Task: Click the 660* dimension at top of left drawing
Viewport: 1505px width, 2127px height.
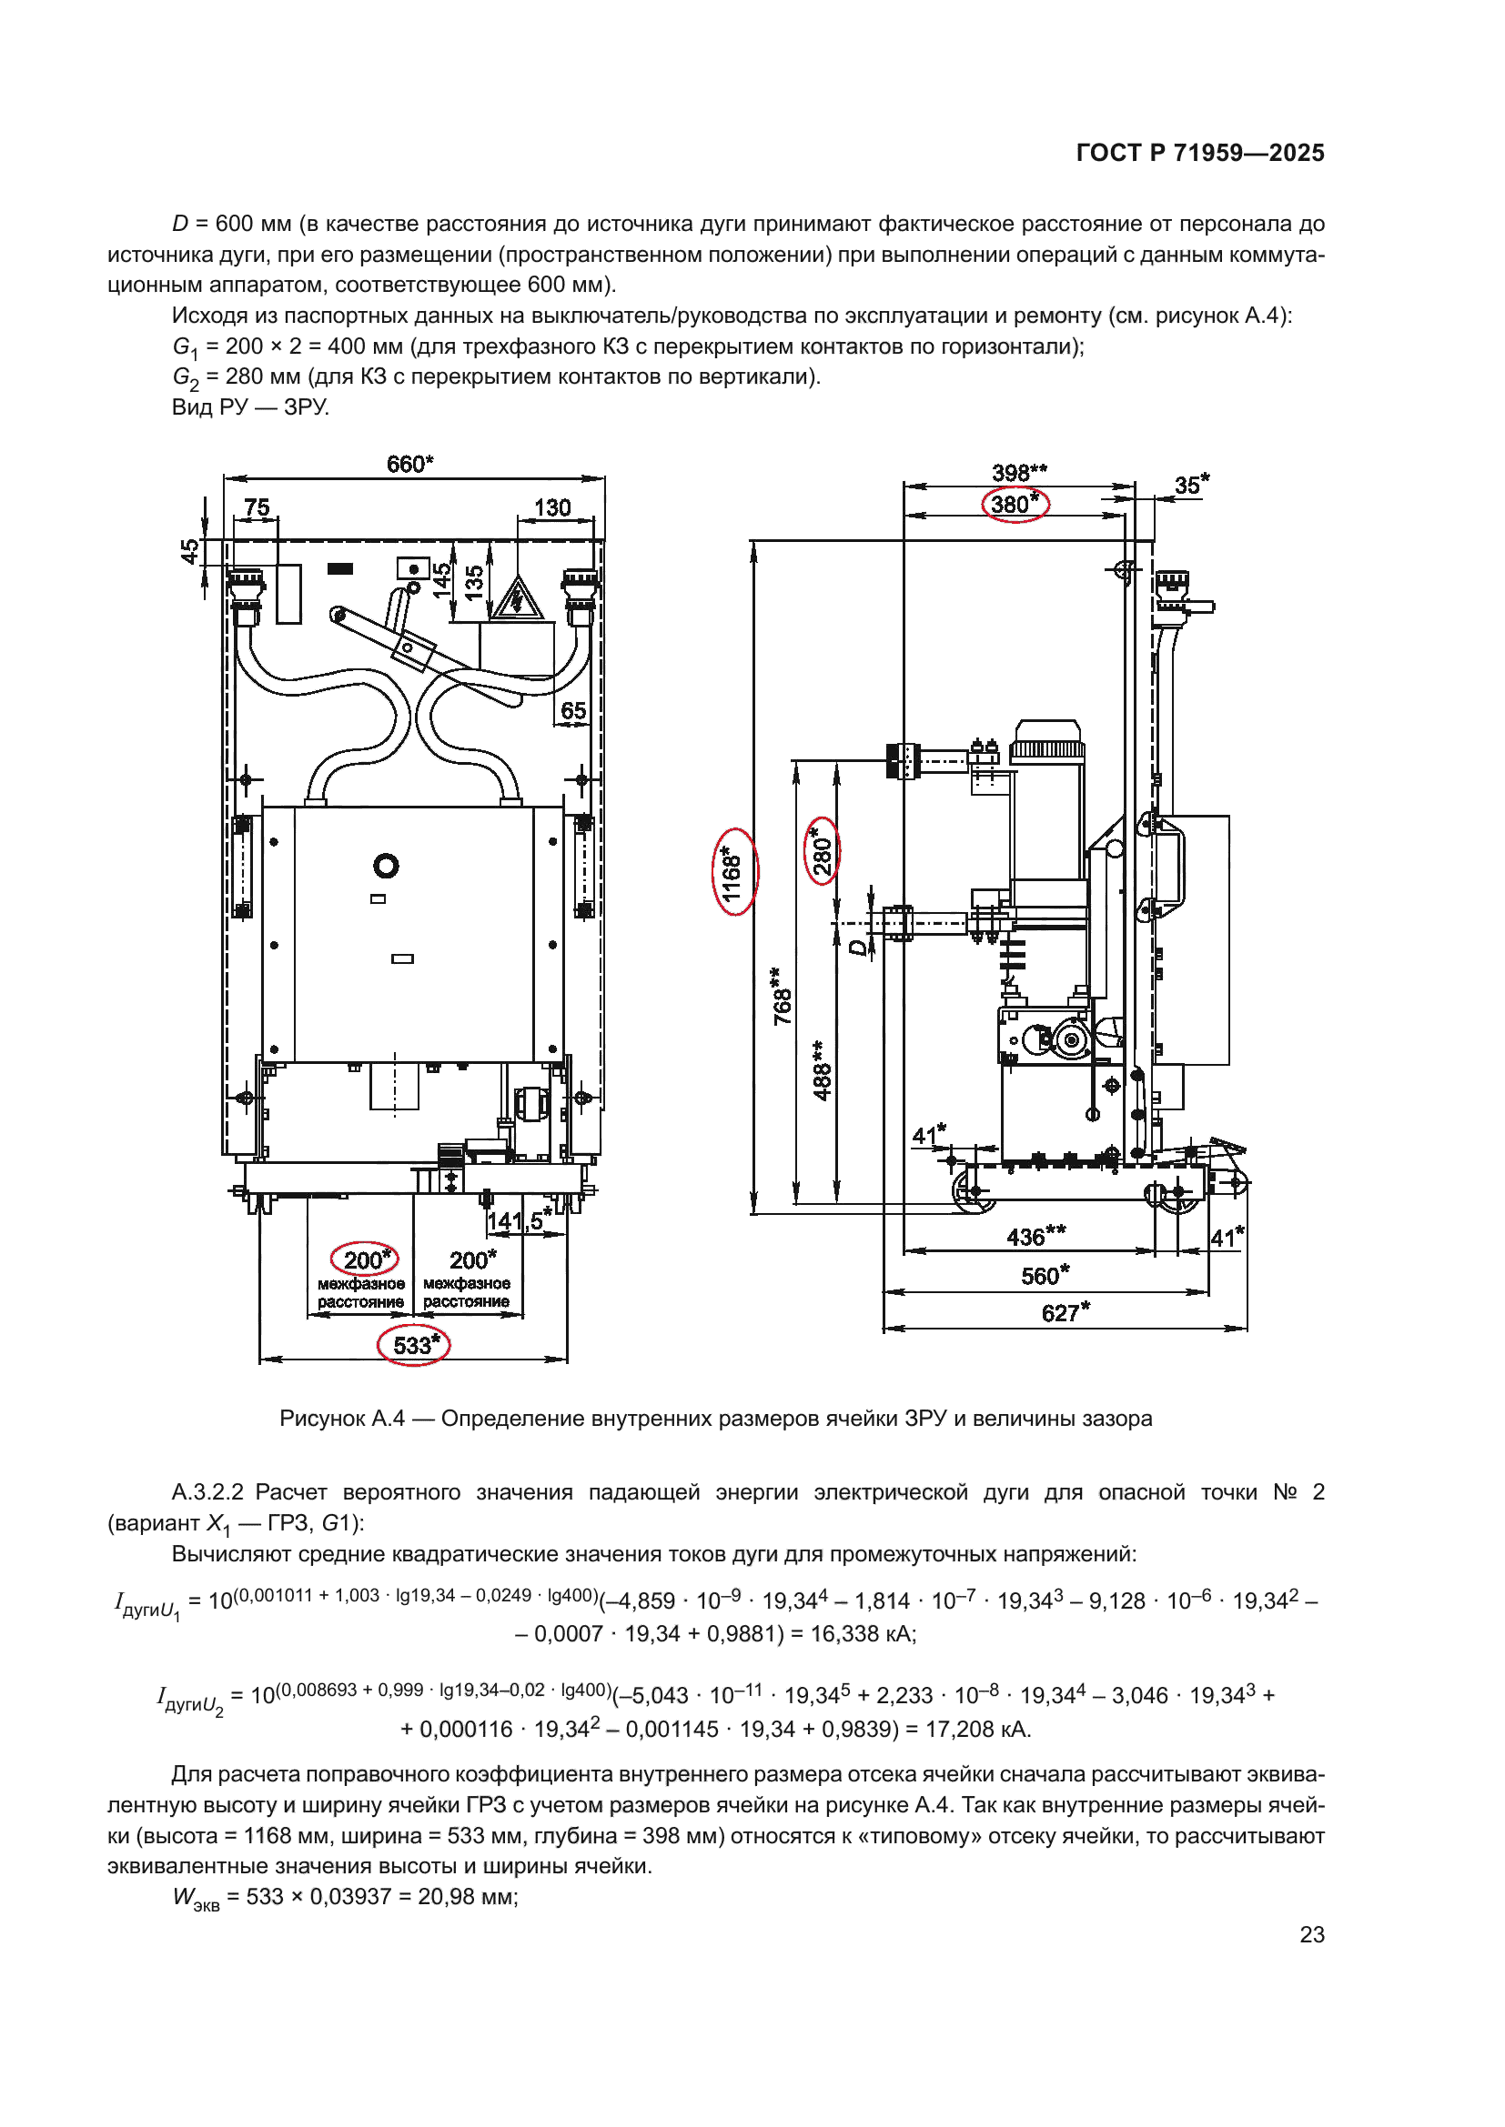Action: coord(409,463)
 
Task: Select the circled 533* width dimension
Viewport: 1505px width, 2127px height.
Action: coord(414,1344)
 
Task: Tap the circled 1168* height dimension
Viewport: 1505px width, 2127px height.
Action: coord(733,872)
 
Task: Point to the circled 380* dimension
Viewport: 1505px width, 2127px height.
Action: coord(1015,504)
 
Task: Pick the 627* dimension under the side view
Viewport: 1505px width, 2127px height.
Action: coord(1065,1313)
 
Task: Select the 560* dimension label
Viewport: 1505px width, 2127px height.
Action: coord(1045,1276)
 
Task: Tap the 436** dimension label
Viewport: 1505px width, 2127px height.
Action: coord(1035,1237)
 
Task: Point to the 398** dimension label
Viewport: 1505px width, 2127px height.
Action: coord(1018,473)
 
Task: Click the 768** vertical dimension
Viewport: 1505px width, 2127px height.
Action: coord(783,997)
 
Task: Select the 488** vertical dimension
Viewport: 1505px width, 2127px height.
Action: coord(822,1070)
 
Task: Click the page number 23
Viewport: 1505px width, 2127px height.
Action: coord(1311,1934)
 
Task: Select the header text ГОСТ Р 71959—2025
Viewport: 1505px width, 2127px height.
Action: coord(1200,153)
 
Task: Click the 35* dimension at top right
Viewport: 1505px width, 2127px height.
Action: coord(1191,485)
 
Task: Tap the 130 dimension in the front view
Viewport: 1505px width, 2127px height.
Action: coord(552,507)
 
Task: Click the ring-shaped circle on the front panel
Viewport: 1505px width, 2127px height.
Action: coord(386,865)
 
